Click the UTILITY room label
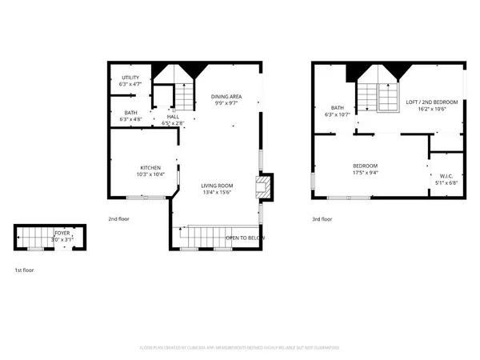(x=130, y=78)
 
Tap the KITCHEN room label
(x=150, y=167)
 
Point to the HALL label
(x=172, y=117)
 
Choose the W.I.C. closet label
(x=446, y=175)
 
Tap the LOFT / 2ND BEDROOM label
(x=432, y=102)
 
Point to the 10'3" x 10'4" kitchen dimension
(x=150, y=174)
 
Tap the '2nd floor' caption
(x=119, y=218)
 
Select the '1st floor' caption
(x=23, y=270)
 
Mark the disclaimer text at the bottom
(x=240, y=348)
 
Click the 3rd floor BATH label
(x=338, y=108)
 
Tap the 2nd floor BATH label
(x=130, y=114)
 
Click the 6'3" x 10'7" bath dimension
(x=338, y=115)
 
